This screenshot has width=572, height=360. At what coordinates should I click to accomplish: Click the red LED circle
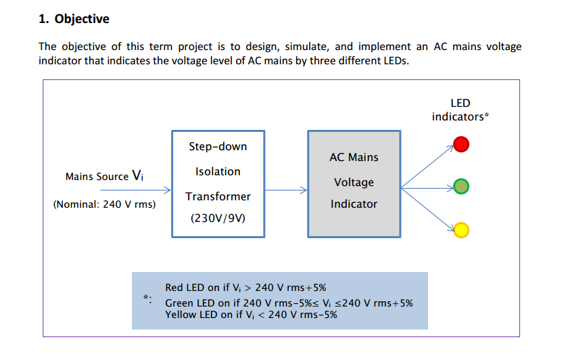coord(461,144)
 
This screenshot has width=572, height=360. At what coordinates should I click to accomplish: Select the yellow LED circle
coord(461,230)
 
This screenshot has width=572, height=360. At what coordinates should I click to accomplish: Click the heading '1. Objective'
coord(74,19)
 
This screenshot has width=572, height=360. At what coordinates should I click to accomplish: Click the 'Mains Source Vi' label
coord(104,176)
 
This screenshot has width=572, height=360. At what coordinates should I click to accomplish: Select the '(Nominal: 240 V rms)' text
coord(104,204)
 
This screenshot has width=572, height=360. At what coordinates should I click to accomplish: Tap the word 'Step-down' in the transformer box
coord(218,147)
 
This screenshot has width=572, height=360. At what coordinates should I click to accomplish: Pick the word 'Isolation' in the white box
coord(218,172)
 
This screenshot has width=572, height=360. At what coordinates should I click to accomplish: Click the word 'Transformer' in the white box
coord(218,196)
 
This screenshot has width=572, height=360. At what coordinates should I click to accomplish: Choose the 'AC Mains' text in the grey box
coord(354,158)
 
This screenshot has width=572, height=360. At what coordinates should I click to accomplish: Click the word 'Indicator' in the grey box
coord(354,204)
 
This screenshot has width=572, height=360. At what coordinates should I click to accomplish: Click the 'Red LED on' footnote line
coord(245,288)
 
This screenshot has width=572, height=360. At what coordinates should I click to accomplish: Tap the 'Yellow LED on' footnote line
coord(251,315)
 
